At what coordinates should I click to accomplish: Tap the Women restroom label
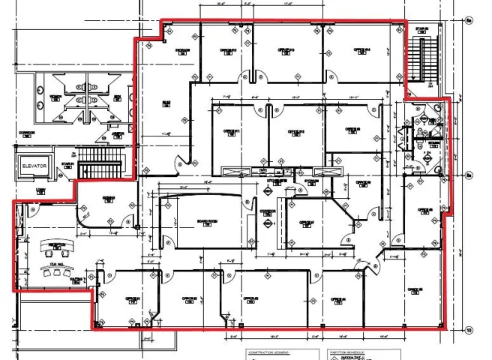pos(55,97)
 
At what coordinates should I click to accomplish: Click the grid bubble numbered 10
pos(469,329)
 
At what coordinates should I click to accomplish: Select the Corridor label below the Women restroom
pos(26,131)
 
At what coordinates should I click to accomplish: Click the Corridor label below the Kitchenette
pos(268,211)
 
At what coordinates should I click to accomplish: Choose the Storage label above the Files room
pos(182,49)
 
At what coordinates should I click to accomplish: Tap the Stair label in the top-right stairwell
pos(421,29)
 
